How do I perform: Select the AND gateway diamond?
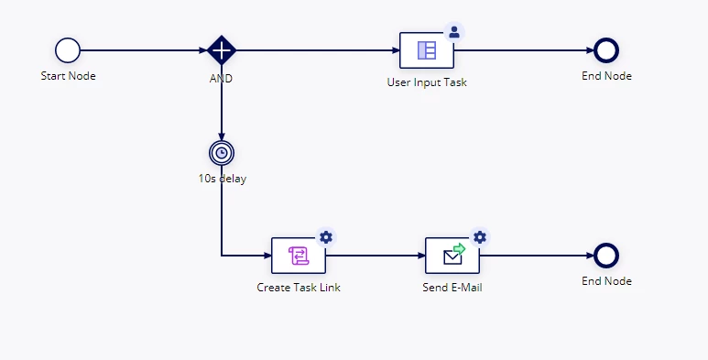coord(222,50)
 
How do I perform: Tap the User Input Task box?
coord(427,50)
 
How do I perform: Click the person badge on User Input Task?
coord(454,32)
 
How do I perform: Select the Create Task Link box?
coord(299,256)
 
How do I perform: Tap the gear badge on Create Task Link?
coord(326,237)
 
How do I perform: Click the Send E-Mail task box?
coord(452,256)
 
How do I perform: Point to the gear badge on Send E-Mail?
coord(480,237)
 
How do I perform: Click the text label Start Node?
coord(68,76)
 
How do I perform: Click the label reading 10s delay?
coord(223,179)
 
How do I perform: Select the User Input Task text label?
coord(427,82)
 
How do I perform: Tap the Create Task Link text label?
coord(299,288)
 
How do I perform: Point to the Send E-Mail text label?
coord(452,288)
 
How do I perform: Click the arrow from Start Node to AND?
coord(144,50)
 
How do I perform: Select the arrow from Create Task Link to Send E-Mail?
coord(376,256)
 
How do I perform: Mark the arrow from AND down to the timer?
coord(222,103)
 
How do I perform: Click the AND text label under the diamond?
coord(222,79)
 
